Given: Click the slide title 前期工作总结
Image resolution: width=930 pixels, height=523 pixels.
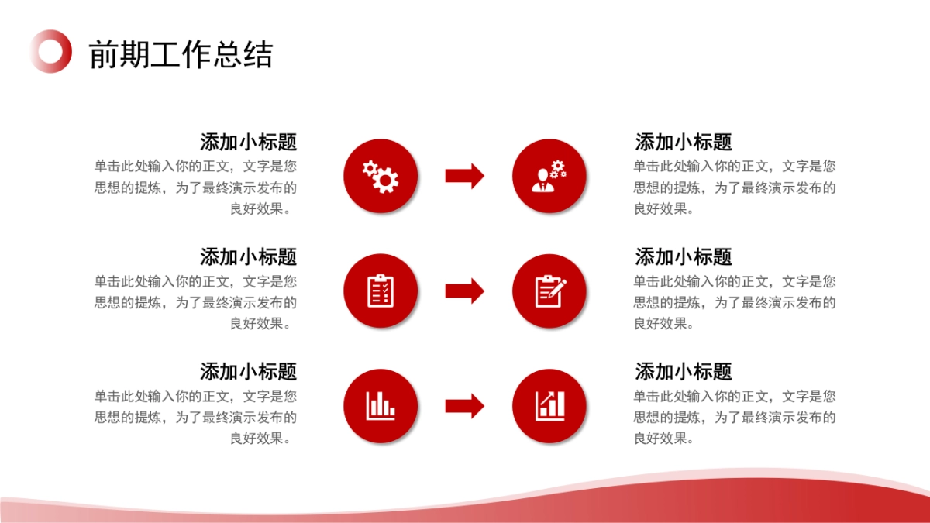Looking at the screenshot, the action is pos(181,54).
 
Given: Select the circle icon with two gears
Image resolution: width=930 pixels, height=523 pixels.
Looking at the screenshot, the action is pos(381,176).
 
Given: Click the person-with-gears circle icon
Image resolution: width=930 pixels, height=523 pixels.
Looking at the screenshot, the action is pos(549,176).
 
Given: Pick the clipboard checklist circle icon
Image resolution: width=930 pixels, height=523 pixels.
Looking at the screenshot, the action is pos(381,291).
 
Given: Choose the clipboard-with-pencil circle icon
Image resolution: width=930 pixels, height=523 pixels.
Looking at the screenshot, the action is pos(549,291).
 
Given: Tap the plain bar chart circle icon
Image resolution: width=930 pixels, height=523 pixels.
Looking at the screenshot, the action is pos(381,406).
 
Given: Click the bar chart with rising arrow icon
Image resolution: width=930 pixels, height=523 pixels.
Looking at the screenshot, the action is pos(549,406).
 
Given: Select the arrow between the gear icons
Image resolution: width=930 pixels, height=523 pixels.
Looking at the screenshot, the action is pos(464,176).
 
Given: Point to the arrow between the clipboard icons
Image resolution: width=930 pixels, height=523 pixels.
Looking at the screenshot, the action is pos(464,291).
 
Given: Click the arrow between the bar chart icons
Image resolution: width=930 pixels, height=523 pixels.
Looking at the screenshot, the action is pos(464,406).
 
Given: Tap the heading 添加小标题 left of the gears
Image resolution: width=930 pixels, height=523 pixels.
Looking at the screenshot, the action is pos(248,142).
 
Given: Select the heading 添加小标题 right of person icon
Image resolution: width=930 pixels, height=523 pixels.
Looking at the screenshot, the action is pos(683,142).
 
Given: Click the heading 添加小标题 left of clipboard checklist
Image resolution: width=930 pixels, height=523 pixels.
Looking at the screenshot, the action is pos(248,257).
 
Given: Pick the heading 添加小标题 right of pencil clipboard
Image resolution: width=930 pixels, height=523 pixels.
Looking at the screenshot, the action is pos(683,257).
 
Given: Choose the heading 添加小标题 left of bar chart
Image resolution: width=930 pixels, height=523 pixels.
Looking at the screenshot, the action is pos(248,371).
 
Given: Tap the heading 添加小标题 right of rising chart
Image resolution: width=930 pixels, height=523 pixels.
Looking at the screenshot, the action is pos(683,371).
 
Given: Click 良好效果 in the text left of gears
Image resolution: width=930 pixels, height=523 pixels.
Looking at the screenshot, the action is pos(257,208).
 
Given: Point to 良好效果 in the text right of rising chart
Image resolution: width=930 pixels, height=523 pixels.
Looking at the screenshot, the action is pos(660,439).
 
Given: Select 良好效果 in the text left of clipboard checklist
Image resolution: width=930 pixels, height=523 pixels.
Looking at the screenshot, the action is pos(257,324).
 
